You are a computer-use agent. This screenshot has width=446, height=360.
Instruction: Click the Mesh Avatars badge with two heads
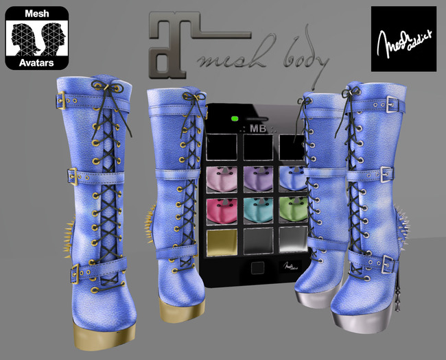pos(40,38)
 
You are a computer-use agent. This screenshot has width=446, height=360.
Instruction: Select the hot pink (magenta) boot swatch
pos(222,211)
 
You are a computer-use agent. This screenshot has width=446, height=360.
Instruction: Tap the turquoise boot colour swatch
pos(257,211)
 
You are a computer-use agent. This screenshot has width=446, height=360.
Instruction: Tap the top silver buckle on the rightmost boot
pos(389,104)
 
